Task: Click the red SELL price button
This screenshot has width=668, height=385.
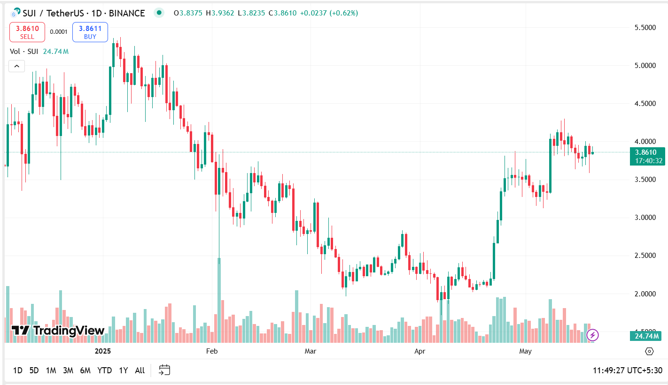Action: coord(27,32)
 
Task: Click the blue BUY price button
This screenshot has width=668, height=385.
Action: coord(90,32)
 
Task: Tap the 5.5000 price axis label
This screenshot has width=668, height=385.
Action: coord(645,28)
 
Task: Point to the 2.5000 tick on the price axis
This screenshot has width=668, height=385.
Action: coord(645,256)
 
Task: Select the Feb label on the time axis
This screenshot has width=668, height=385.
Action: coord(212,351)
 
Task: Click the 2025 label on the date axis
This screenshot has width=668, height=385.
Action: coord(102,351)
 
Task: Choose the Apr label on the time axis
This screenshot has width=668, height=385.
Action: coord(419,351)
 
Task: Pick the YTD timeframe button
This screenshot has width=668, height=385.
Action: coord(104,370)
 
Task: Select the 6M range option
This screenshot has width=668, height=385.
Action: coord(85,370)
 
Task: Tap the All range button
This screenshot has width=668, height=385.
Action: coord(140,370)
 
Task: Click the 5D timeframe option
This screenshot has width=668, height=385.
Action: coord(34,370)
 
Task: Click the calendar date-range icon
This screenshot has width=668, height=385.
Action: coord(164,370)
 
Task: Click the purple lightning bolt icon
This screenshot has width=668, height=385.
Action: coord(592,335)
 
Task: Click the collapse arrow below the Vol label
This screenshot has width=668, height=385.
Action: coord(16,66)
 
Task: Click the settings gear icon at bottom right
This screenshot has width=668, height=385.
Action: coord(649,351)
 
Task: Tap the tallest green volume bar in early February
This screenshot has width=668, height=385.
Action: coord(219,300)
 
